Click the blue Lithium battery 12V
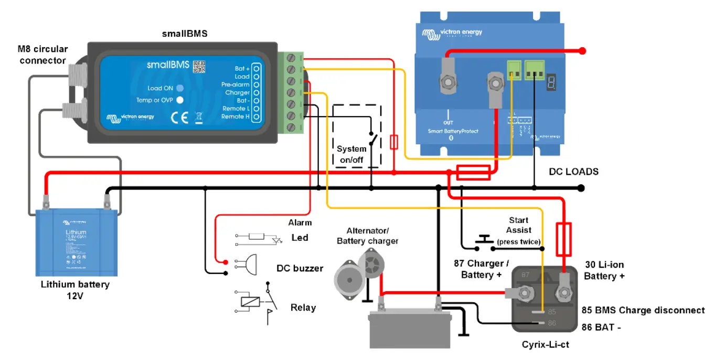tap(76, 242)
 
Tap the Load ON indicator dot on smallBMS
tap(179, 88)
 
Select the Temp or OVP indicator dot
tap(179, 100)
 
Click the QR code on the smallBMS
tap(199, 67)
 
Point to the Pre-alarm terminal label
tap(235, 84)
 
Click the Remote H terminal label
tap(235, 117)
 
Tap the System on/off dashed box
tap(357, 136)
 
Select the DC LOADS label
tap(573, 172)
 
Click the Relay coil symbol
tap(249, 302)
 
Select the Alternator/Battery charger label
tap(367, 236)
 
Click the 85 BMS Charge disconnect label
tap(643, 310)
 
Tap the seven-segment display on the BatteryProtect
tap(551, 81)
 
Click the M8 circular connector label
tap(44, 55)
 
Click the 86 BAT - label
tap(601, 327)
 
